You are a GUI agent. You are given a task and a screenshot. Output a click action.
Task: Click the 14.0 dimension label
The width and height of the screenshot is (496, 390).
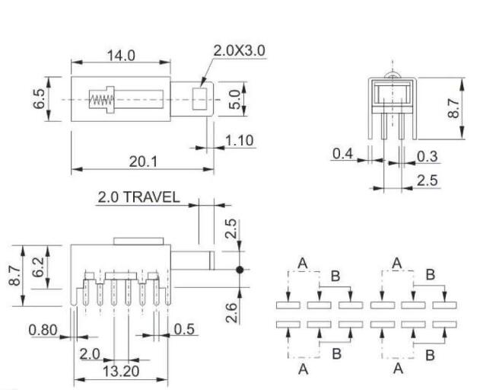[119, 55]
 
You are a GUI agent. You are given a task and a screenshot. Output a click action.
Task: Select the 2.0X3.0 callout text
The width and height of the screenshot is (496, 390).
[239, 51]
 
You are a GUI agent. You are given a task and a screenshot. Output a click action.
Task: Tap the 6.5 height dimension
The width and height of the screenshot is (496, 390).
[39, 99]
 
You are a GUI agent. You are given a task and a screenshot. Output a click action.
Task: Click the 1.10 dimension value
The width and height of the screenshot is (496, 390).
[239, 140]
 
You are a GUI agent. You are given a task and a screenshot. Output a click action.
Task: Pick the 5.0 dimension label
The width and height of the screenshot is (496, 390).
[235, 100]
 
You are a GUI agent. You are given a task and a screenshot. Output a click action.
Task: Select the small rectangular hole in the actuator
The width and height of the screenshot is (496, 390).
[200, 99]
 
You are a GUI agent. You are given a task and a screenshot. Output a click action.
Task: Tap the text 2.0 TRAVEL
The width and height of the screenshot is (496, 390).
[138, 197]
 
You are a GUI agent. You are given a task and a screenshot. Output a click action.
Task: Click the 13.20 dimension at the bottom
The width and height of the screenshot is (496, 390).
[121, 371]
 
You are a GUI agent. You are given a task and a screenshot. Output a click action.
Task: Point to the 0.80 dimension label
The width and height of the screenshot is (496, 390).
[43, 330]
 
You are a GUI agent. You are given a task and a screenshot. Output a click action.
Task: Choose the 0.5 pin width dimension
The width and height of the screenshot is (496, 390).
[183, 330]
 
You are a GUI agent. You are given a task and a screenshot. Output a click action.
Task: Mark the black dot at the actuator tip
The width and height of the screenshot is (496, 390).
[240, 269]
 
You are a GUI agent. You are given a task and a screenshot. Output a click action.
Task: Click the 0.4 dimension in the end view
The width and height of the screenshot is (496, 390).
[343, 155]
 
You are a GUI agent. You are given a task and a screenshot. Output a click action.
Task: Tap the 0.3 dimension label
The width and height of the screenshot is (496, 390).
[427, 156]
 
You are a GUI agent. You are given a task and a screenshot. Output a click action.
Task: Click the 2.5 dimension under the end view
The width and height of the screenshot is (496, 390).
[427, 181]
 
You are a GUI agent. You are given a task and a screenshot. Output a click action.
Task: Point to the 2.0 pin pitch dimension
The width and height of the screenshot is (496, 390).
[89, 353]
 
